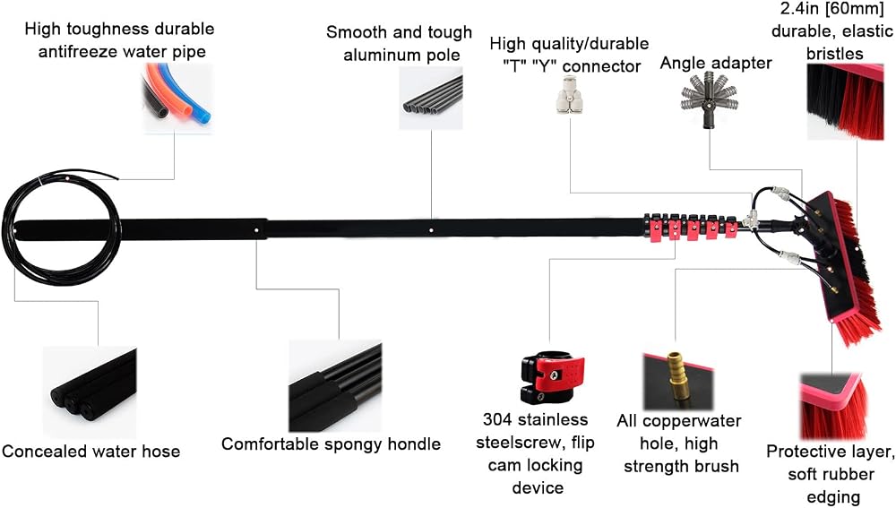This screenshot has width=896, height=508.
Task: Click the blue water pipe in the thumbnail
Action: pos(197,97)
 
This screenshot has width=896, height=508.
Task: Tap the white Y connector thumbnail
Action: pos(569,96)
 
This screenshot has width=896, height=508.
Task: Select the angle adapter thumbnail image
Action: pos(710,101)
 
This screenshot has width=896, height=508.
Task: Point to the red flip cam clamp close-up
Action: pos(552,377)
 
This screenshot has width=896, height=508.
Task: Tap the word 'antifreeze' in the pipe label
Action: pos(80,51)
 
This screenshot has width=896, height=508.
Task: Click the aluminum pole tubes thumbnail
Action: pos(431,98)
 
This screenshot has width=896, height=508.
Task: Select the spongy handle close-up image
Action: pos(335,386)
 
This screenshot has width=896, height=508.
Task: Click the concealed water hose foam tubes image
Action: pos(90,392)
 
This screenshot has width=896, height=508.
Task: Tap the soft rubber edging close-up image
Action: pos(832,406)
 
